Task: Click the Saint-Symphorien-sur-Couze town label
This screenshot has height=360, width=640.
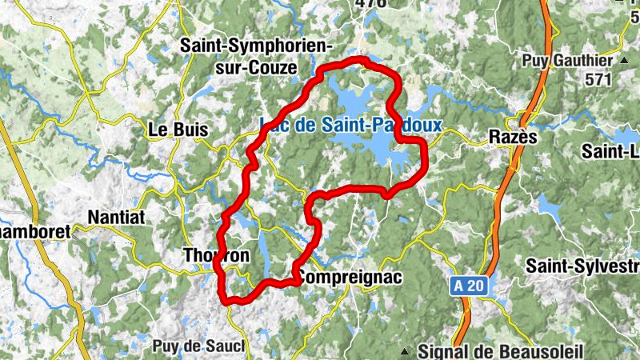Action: click(x=256, y=56)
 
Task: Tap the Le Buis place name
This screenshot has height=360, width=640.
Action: click(x=178, y=129)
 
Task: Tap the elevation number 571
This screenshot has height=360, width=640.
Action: click(x=598, y=79)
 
